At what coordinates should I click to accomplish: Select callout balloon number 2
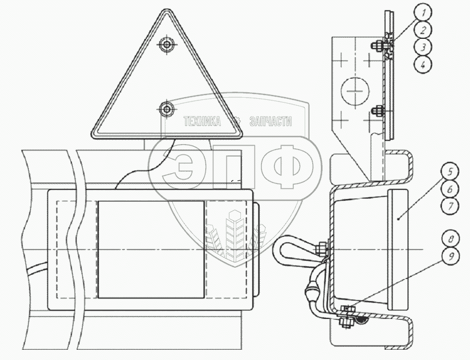pyautogui.click(x=425, y=29)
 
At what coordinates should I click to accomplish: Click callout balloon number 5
pyautogui.click(x=450, y=173)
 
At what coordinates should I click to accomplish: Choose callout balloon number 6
pyautogui.click(x=450, y=189)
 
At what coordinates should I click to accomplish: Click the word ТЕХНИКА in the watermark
pyautogui.click(x=203, y=122)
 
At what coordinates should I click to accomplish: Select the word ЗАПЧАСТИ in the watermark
pyautogui.click(x=270, y=122)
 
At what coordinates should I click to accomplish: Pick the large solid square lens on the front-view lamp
pyautogui.click(x=151, y=249)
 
